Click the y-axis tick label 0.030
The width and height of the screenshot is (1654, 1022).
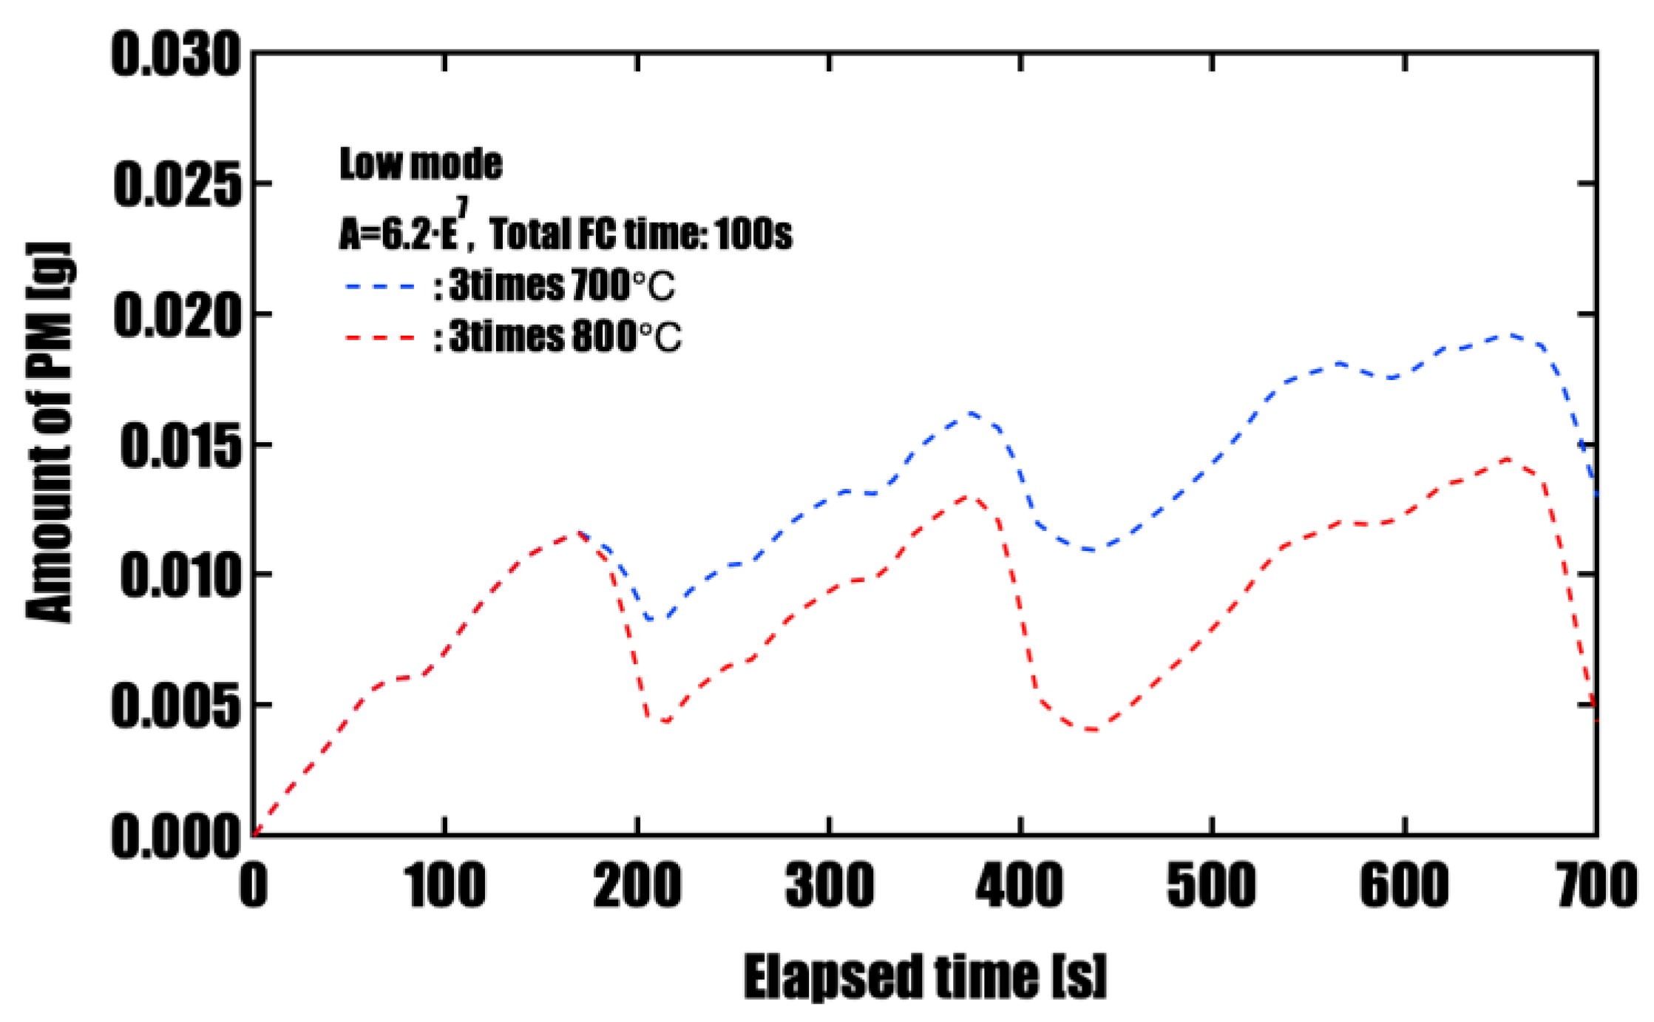point(176,56)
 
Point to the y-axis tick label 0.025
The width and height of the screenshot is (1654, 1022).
point(177,185)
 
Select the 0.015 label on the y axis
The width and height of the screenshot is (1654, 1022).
point(180,446)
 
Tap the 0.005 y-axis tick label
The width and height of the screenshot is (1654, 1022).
point(176,706)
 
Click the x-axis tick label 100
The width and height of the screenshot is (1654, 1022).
point(446,886)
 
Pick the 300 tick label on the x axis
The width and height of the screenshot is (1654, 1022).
point(830,886)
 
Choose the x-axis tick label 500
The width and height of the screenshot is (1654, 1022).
point(1211,886)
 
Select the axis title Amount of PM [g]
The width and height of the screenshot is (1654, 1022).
point(50,433)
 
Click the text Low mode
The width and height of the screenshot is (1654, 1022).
point(421,164)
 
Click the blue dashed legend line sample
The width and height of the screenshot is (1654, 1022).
point(381,285)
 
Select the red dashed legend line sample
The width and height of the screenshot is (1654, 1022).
point(381,337)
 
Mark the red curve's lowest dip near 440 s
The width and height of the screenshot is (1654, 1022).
point(1093,730)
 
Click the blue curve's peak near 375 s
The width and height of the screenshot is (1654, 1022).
point(969,413)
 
